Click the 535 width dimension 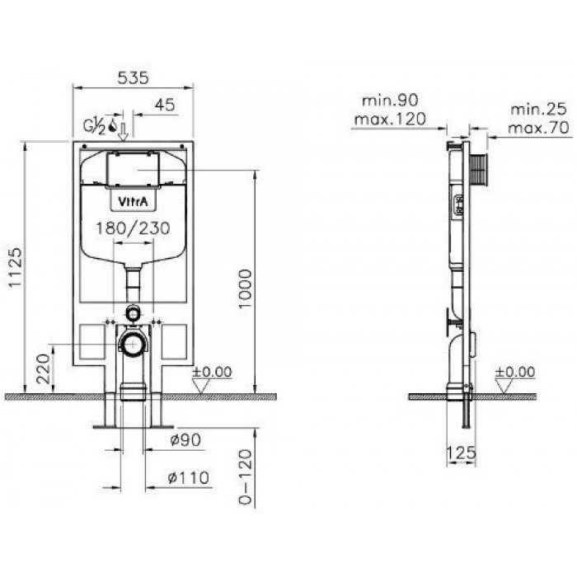(134, 78)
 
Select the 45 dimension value (165, 106)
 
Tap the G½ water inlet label (94, 126)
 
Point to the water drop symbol (112, 125)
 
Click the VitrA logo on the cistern (134, 201)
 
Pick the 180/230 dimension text (134, 228)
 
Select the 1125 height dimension (16, 268)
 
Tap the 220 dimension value (44, 368)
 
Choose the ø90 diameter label (185, 439)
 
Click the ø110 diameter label (189, 478)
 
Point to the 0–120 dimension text (246, 476)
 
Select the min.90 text (391, 100)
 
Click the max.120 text (390, 119)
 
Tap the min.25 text (539, 110)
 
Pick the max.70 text (539, 128)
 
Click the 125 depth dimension (462, 453)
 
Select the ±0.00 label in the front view (212, 372)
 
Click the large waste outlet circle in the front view (133, 344)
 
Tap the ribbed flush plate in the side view (478, 171)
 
